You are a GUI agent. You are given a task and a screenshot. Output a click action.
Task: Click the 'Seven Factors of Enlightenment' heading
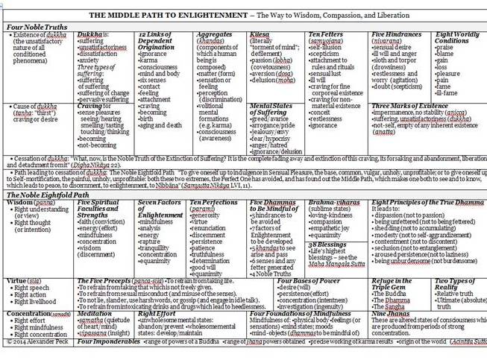pos(159,209)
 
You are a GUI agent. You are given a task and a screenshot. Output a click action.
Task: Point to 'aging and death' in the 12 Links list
pos(158,125)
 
